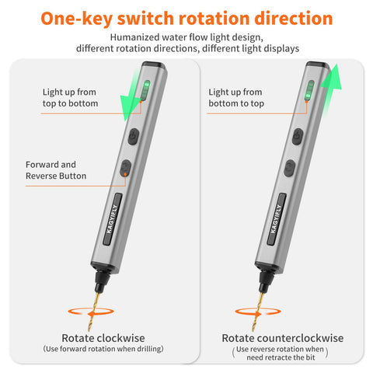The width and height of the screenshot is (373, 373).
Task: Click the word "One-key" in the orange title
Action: coord(77,19)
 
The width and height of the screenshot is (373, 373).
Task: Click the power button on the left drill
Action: coord(134,136)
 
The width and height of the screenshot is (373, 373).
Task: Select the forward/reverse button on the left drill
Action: coord(126,168)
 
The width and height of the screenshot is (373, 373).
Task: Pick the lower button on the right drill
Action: coord(290,168)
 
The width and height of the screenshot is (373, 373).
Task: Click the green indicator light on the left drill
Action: coord(145,90)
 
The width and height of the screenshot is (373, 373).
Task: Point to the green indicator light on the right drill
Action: coord(309,90)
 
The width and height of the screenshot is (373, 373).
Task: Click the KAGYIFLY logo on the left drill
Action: coord(113,219)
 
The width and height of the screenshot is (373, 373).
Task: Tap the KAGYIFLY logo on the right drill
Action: coord(277,219)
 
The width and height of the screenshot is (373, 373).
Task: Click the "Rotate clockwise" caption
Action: coord(103,338)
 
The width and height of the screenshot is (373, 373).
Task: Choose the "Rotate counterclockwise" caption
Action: coord(283,338)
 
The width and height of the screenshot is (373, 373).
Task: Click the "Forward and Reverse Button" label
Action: coord(56,170)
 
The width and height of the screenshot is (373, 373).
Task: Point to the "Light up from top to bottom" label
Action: coord(70,98)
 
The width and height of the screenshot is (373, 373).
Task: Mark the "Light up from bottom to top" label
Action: coord(236,98)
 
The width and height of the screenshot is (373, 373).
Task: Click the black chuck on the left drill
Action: coord(102,281)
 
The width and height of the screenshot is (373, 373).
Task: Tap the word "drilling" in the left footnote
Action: coord(149,349)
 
